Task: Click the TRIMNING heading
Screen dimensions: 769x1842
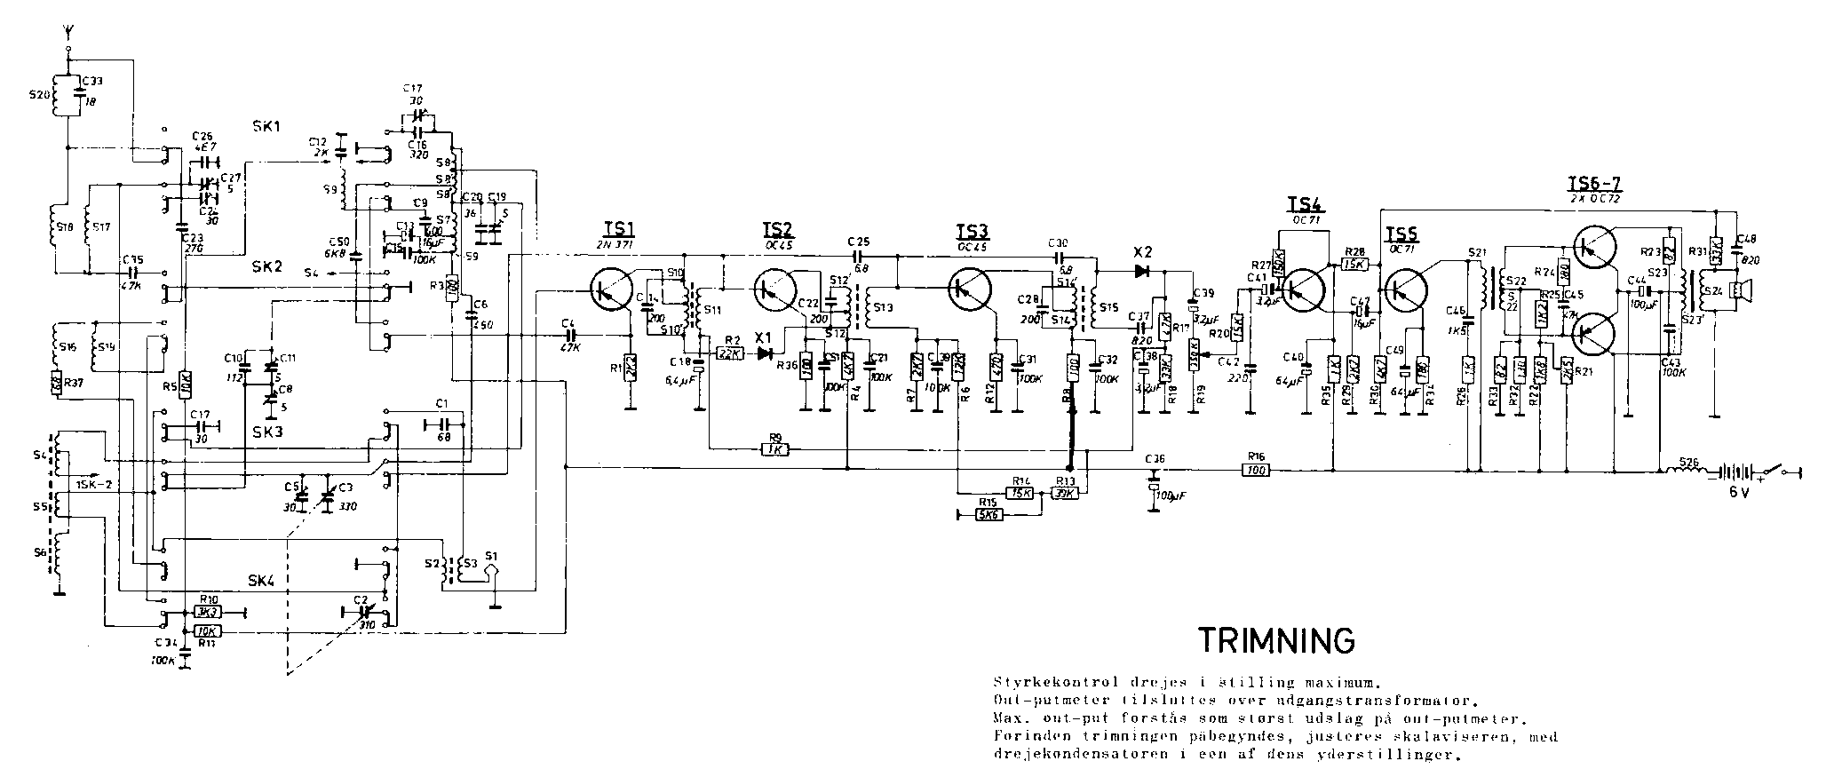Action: coord(1277,639)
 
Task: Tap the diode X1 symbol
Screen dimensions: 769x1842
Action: coord(762,353)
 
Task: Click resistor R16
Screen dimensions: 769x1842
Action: coord(1254,470)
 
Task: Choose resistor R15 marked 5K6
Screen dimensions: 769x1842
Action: coord(988,513)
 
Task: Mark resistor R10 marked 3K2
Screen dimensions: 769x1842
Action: coord(208,612)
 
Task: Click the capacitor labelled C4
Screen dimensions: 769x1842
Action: coord(568,335)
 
